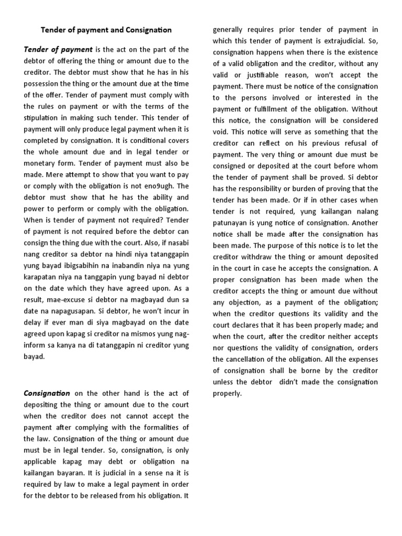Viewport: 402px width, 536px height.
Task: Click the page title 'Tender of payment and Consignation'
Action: click(x=107, y=30)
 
